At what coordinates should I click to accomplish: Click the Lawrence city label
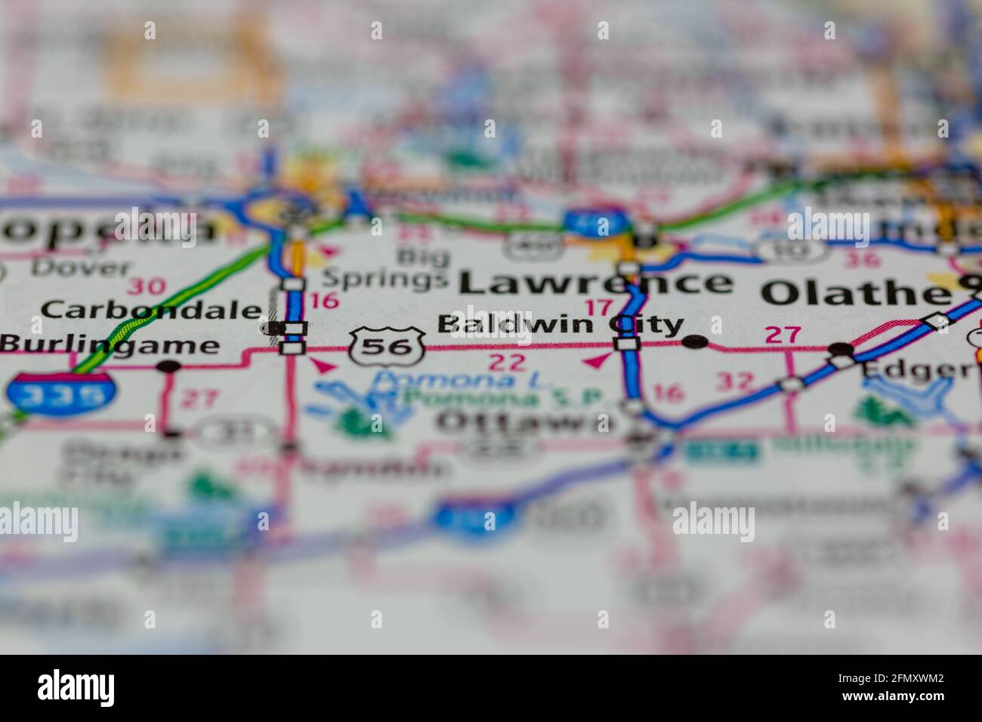pos(595,282)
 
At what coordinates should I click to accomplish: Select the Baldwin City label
pos(560,325)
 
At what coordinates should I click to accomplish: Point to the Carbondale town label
pos(151,309)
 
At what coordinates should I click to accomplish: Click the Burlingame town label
pos(110,345)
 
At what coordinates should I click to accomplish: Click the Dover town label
pos(82,267)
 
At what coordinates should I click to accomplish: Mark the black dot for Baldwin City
pos(694,342)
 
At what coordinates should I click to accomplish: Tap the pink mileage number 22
pos(507,363)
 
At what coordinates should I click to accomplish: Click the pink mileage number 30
pos(146,286)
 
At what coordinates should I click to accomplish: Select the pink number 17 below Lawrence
pos(600,308)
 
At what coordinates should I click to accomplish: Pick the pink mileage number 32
pos(735,381)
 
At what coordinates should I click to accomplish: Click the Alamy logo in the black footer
pos(76,688)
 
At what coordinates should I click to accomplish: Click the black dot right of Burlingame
pos(168,366)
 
